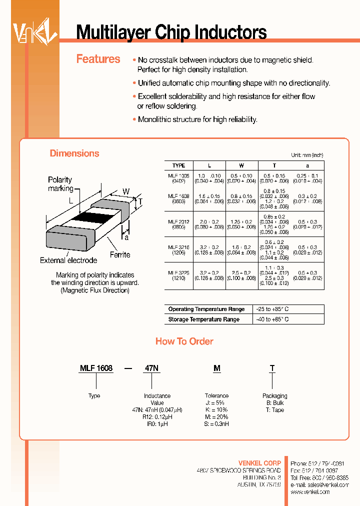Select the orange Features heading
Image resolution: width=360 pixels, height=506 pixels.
click(x=98, y=59)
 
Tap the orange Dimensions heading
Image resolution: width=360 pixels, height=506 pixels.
click(x=74, y=153)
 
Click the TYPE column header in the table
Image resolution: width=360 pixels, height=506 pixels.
click(x=178, y=165)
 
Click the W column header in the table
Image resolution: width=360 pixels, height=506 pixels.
click(x=241, y=165)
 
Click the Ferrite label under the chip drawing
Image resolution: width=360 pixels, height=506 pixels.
click(x=119, y=255)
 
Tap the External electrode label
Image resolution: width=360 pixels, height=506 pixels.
click(x=68, y=260)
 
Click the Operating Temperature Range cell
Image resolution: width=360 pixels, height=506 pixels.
click(x=206, y=309)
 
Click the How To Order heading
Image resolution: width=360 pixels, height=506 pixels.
click(x=184, y=341)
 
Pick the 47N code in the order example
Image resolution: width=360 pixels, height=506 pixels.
click(x=151, y=368)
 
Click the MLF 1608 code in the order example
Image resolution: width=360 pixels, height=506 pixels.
click(x=96, y=368)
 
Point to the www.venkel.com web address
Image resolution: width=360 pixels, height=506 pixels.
click(x=310, y=492)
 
